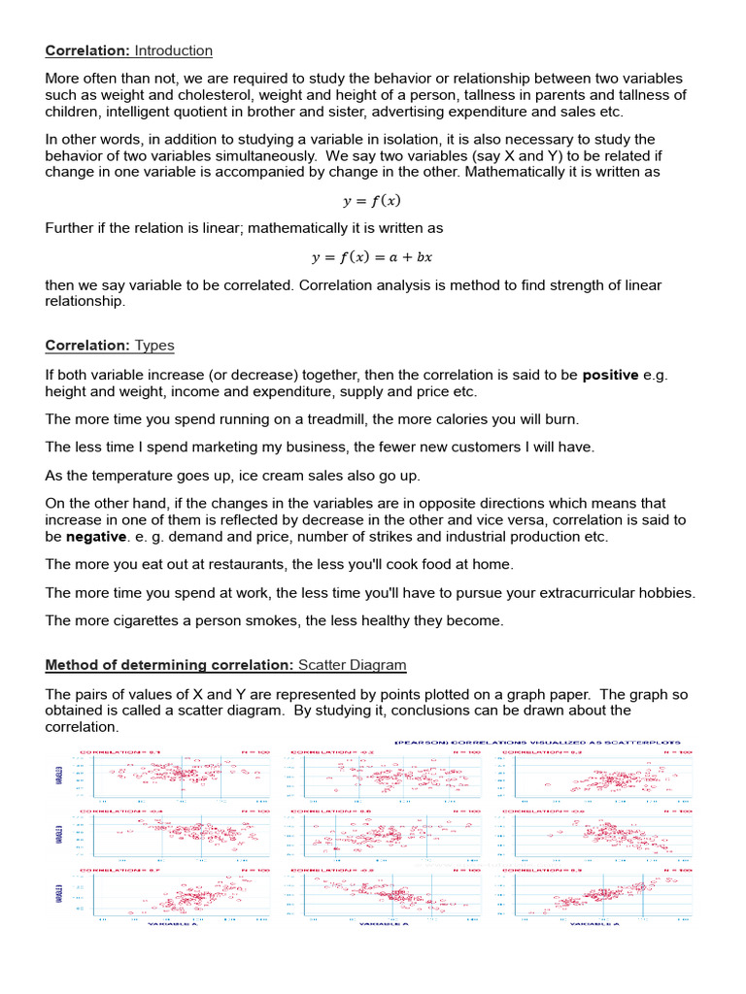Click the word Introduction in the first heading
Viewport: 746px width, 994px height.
173,50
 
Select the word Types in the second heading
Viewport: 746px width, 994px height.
154,346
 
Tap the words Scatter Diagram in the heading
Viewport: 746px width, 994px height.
353,665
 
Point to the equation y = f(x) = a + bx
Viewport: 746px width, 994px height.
372,257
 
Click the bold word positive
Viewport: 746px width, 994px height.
610,375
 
